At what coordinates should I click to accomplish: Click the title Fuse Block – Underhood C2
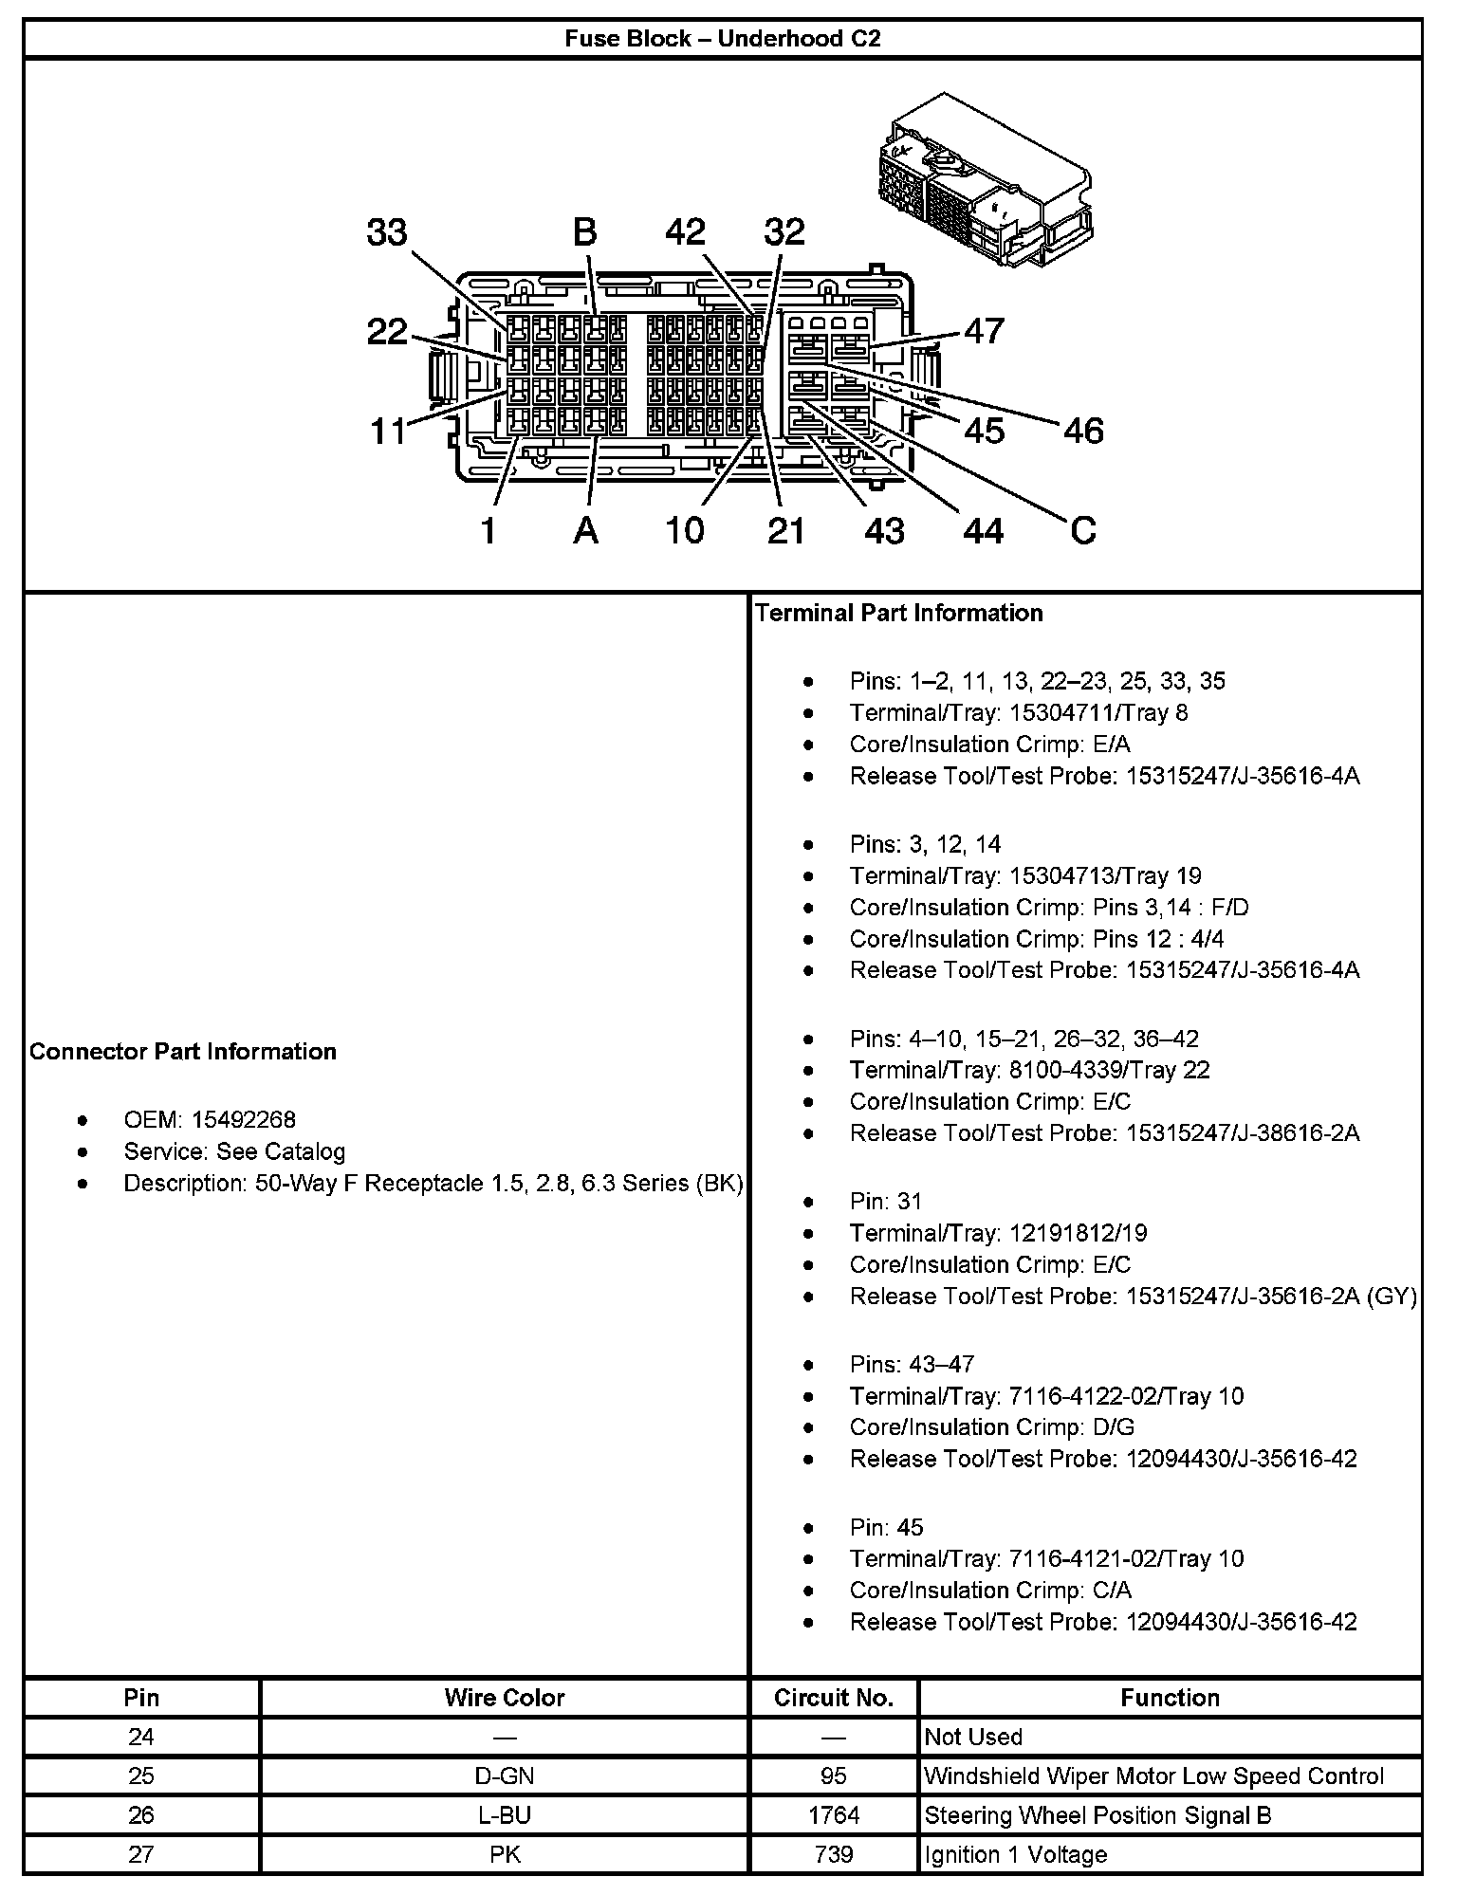tap(723, 39)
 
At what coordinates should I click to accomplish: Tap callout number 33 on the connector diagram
tap(386, 232)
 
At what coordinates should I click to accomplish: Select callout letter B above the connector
tap(584, 232)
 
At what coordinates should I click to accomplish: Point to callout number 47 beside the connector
tap(984, 331)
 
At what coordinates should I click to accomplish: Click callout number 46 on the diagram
tap(1083, 432)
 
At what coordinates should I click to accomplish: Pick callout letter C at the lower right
tap(1082, 530)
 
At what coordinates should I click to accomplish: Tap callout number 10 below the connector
tap(684, 531)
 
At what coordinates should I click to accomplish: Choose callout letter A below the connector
tap(586, 531)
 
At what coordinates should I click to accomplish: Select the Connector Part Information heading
tap(183, 1051)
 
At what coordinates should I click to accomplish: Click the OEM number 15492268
tap(244, 1120)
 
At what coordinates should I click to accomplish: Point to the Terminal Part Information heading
tap(899, 613)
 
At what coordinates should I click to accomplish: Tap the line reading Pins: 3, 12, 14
tap(925, 844)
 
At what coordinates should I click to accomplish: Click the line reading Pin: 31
tap(886, 1202)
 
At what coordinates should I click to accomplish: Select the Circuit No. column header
tap(834, 1697)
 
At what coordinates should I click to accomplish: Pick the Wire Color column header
tap(505, 1697)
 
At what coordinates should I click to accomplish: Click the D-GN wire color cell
tap(505, 1775)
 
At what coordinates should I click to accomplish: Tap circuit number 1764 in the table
tap(834, 1814)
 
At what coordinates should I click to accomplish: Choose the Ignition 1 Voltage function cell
tap(1015, 1854)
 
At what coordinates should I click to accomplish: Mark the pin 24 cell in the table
tap(141, 1737)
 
